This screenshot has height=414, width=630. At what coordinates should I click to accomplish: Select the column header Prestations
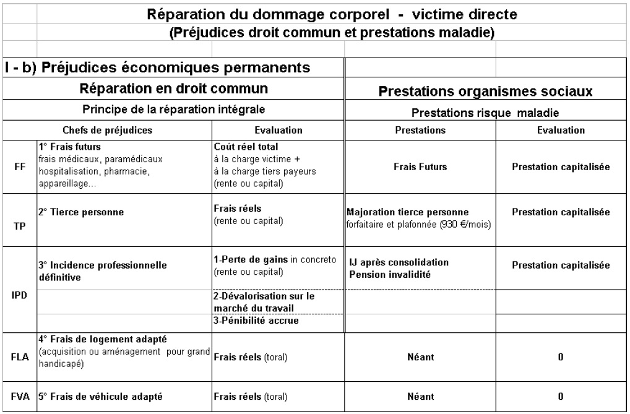click(x=420, y=131)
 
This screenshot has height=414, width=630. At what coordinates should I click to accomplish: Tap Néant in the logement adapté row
click(x=420, y=356)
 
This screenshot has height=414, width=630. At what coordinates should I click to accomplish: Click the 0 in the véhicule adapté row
click(x=561, y=395)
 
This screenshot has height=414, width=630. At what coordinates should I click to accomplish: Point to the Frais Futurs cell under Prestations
click(x=420, y=167)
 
